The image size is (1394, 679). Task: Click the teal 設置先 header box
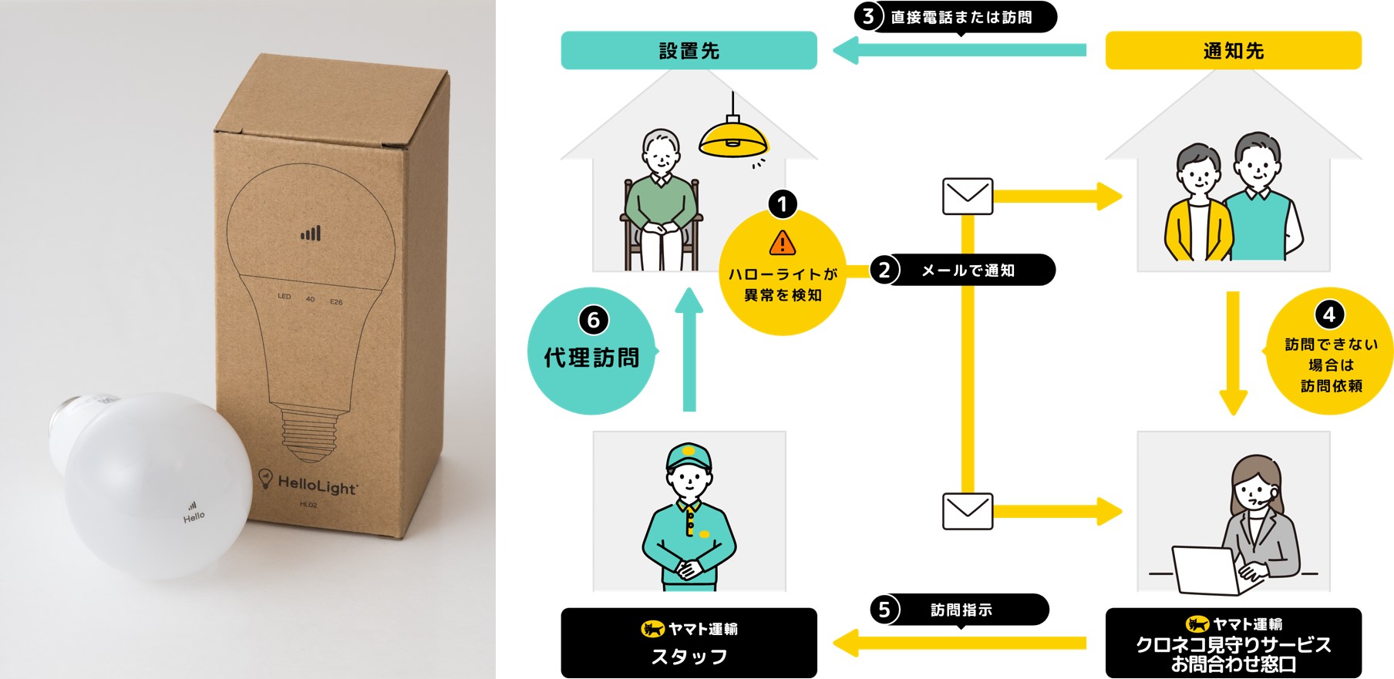point(689,51)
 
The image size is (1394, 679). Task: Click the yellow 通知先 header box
point(1233,51)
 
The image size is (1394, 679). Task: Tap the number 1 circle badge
point(783,204)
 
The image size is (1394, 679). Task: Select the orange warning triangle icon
point(783,243)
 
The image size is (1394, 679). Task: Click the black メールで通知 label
point(968,271)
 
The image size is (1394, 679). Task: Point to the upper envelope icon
point(968,197)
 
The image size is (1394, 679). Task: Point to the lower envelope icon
point(968,511)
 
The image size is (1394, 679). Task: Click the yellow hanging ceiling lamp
point(733,139)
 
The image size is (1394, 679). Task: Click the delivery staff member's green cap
point(689,455)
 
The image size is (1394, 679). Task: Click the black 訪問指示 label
point(961,610)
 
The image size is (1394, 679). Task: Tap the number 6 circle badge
point(593,320)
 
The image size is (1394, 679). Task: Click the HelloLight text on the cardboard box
point(317,486)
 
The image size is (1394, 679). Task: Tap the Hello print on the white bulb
point(194,516)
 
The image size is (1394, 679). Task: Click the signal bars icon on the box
point(311,233)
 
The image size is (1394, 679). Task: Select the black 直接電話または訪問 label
point(961,17)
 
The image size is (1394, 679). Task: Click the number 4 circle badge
point(1329,314)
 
